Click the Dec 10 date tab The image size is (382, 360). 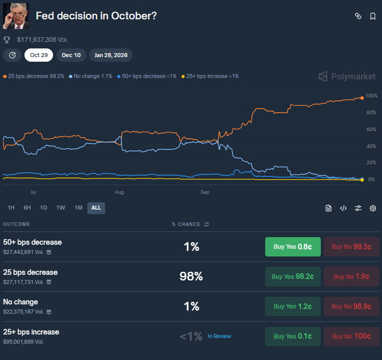pyautogui.click(x=71, y=55)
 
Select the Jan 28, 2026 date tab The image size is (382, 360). pyautogui.click(x=111, y=55)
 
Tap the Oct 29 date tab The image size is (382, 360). pyautogui.click(x=39, y=55)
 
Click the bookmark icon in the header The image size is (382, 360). pyautogui.click(x=373, y=16)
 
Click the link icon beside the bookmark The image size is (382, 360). pyautogui.click(x=358, y=16)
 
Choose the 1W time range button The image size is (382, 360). pyautogui.click(x=61, y=208)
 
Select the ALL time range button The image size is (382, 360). pyautogui.click(x=96, y=208)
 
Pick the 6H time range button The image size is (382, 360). pyautogui.click(x=27, y=208)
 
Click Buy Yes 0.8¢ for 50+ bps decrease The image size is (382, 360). pyautogui.click(x=293, y=247)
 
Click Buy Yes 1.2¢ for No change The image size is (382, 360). pyautogui.click(x=293, y=306)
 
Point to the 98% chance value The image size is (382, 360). pyautogui.click(x=191, y=276)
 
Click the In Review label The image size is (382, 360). pyautogui.click(x=219, y=337)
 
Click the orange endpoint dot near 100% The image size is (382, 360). pyautogui.click(x=362, y=97)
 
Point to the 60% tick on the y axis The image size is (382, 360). pyautogui.click(x=371, y=129)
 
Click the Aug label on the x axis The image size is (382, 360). pyautogui.click(x=119, y=192)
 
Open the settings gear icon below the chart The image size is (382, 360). pyautogui.click(x=373, y=208)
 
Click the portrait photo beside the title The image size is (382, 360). pyautogui.click(x=16, y=16)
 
